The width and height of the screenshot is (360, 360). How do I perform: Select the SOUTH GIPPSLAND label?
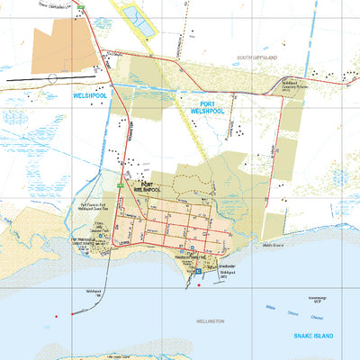pos(258,57)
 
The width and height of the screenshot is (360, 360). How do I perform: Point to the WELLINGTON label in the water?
pos(209,320)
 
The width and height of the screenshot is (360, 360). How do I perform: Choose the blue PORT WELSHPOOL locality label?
pos(204,110)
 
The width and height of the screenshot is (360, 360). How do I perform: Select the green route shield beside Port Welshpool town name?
pos(120,184)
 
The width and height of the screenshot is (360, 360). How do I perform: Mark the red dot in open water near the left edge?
pos(56,316)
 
